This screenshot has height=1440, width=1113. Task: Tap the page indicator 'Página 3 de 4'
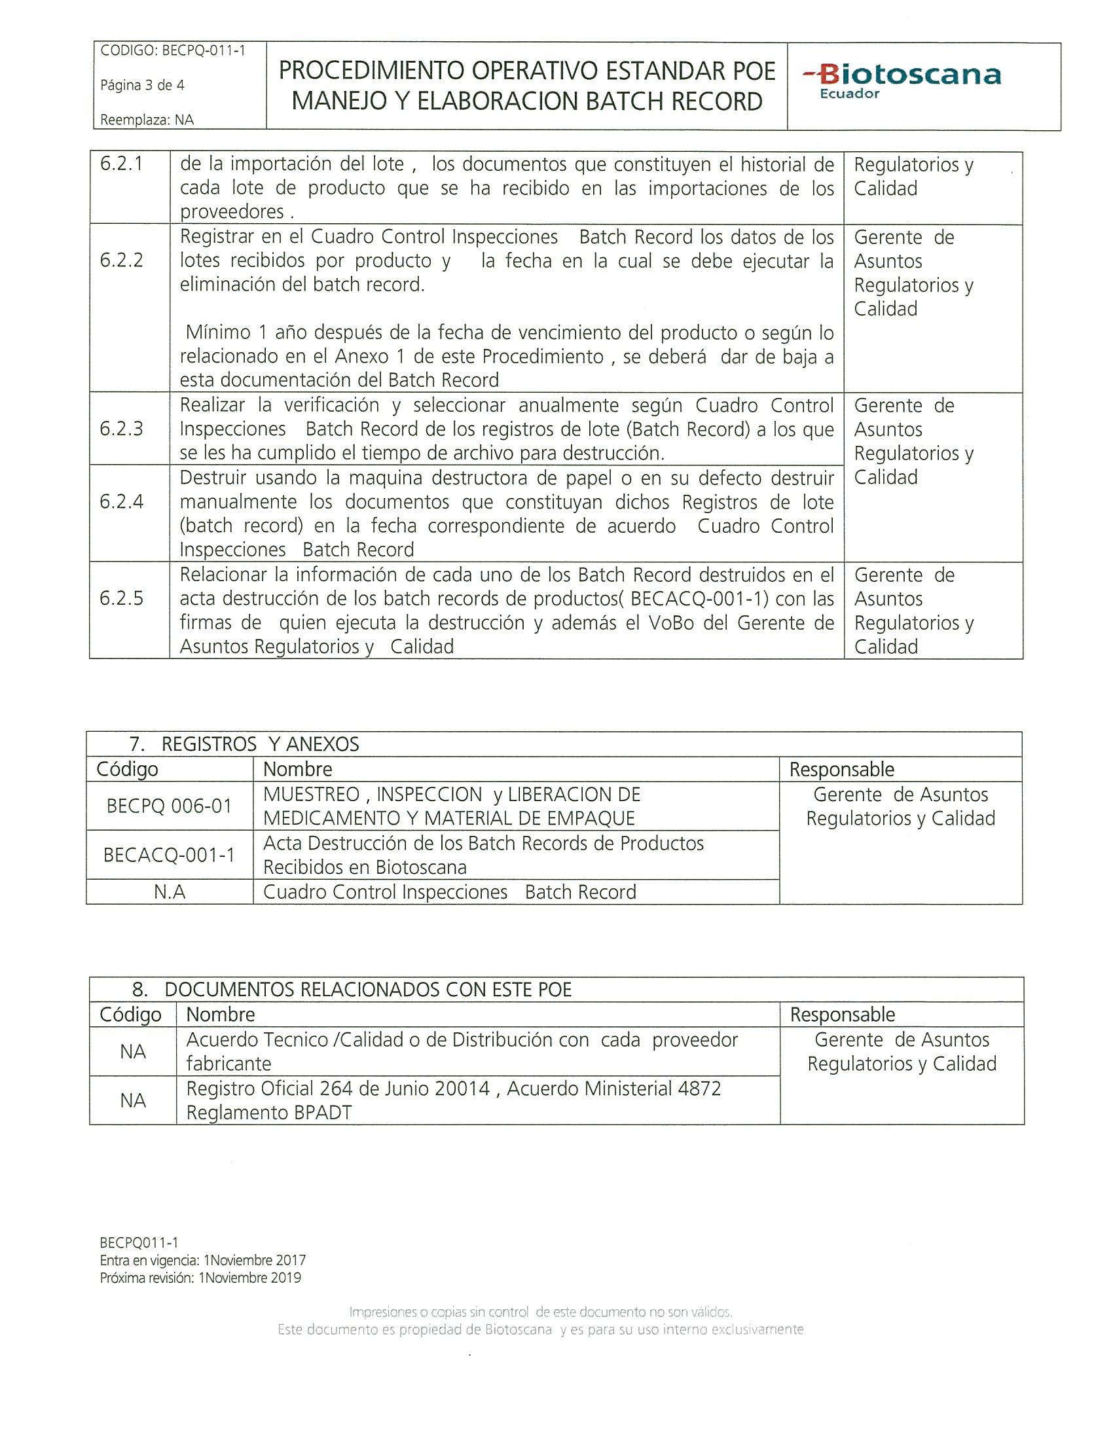point(142,85)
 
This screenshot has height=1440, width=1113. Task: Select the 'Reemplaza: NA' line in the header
point(147,120)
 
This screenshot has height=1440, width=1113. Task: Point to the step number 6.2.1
point(121,164)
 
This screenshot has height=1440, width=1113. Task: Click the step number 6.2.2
point(121,261)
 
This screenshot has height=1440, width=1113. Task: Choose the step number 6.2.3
point(121,429)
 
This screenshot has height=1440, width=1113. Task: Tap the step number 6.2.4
point(121,502)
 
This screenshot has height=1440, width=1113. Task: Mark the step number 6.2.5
point(121,598)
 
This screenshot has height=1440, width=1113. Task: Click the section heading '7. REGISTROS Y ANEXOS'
point(244,744)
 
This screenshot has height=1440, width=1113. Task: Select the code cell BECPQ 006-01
point(169,806)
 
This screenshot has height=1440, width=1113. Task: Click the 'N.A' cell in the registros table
point(169,892)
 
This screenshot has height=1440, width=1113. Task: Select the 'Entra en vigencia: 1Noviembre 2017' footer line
point(202,1260)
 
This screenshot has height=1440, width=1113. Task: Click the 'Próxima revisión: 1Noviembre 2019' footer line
point(200,1278)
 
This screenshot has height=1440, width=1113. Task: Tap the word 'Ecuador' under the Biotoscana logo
point(849,94)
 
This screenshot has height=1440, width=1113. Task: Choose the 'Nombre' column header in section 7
point(297,770)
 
